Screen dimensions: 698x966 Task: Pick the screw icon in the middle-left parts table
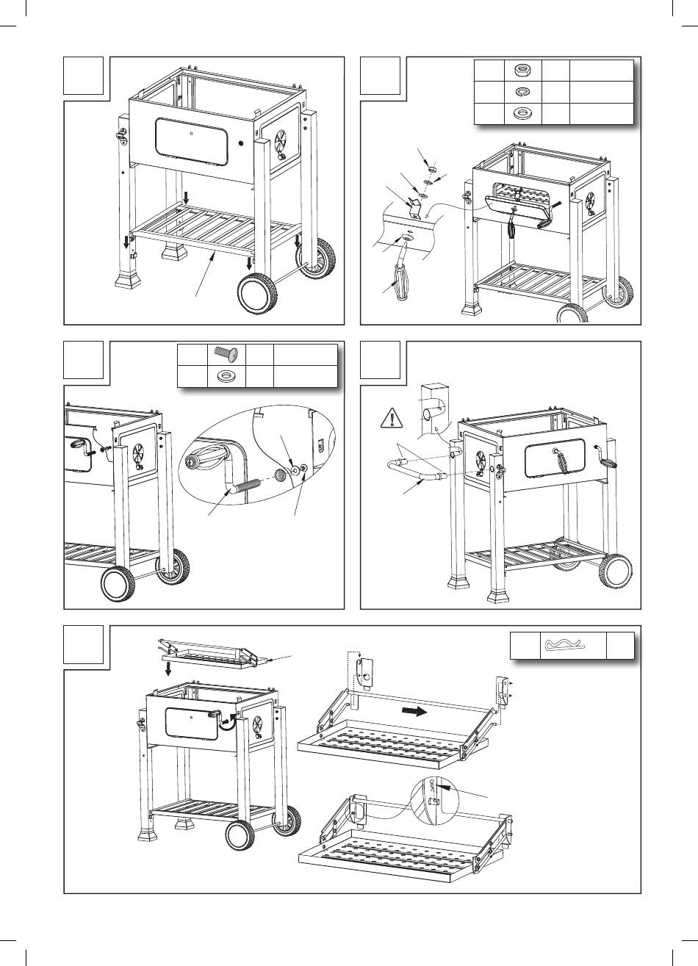point(225,356)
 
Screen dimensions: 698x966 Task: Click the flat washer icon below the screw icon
point(225,376)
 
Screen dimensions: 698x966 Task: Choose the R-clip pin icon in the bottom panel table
point(566,646)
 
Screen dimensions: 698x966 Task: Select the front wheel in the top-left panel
point(256,294)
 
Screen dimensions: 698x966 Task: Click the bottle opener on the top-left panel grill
point(121,137)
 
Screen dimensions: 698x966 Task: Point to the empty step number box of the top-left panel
point(83,76)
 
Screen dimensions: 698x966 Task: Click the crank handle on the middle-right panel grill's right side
point(607,463)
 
